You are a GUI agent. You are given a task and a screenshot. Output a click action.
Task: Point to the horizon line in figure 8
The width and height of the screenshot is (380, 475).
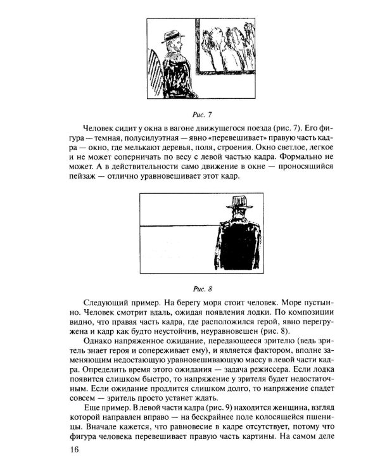tap(177, 225)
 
